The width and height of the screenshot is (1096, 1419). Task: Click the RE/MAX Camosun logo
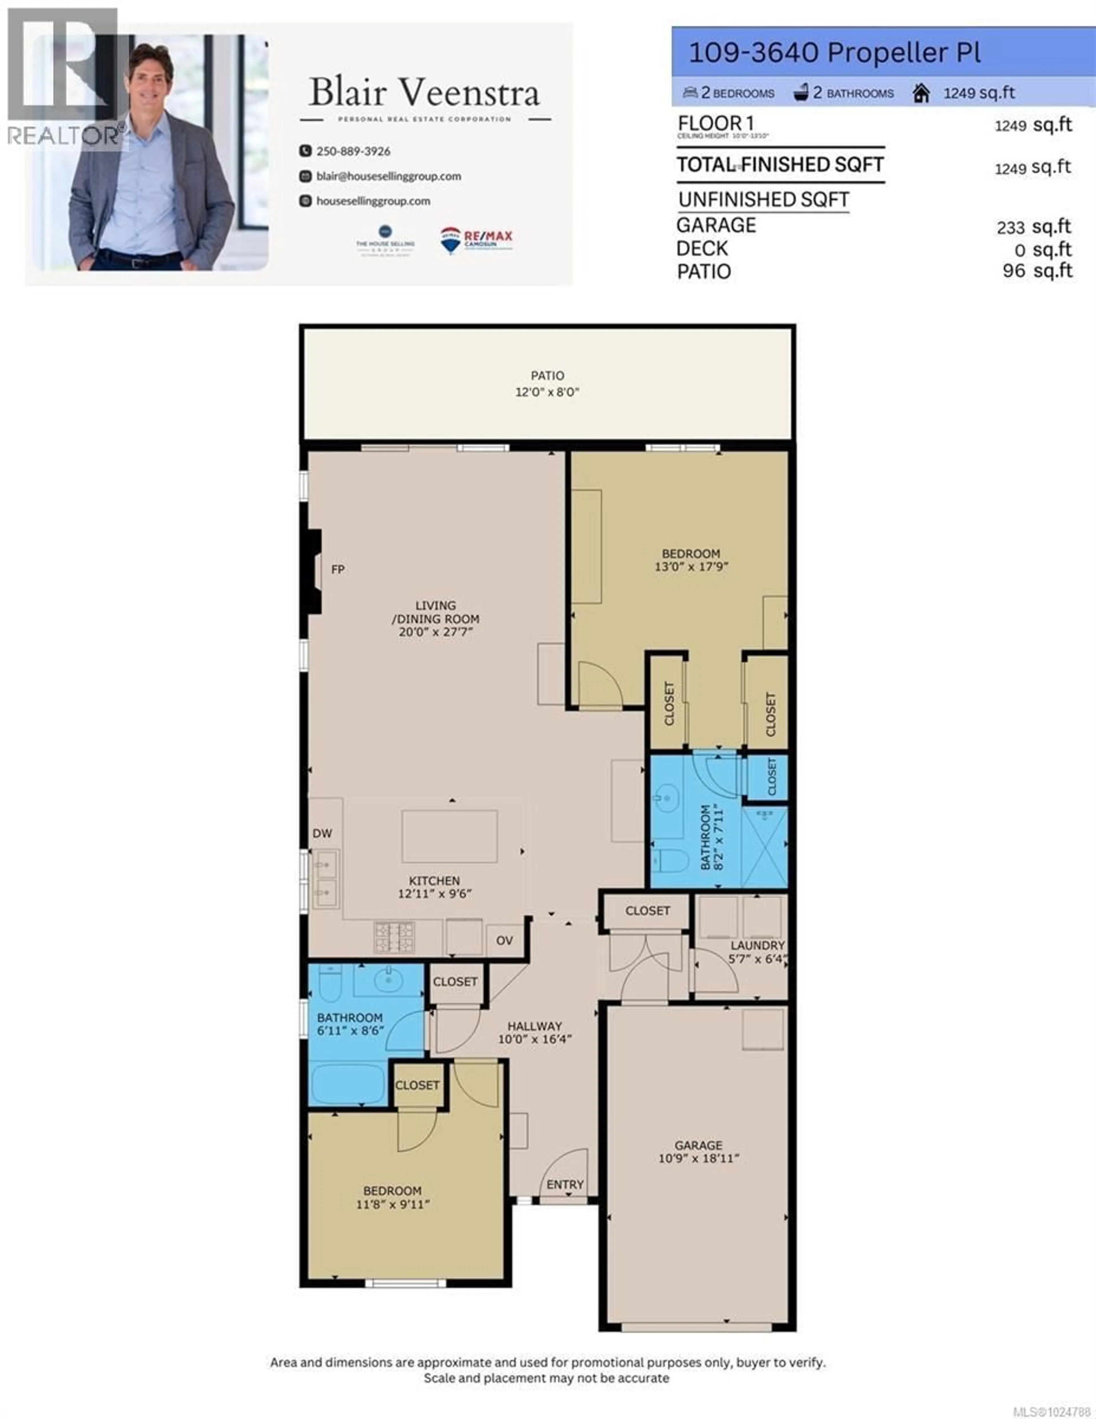point(476,239)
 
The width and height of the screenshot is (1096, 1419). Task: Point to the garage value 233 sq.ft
point(1033,227)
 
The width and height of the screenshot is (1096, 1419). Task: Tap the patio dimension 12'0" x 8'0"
point(547,392)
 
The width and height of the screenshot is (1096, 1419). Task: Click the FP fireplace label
point(338,569)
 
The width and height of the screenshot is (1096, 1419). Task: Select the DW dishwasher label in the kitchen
point(322,833)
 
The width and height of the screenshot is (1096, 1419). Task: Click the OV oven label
point(504,940)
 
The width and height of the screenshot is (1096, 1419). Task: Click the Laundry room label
point(757,945)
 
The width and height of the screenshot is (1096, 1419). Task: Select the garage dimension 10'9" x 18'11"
point(698,1158)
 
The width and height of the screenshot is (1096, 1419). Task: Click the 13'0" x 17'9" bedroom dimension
point(691,566)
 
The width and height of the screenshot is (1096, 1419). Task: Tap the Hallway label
point(534,1026)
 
